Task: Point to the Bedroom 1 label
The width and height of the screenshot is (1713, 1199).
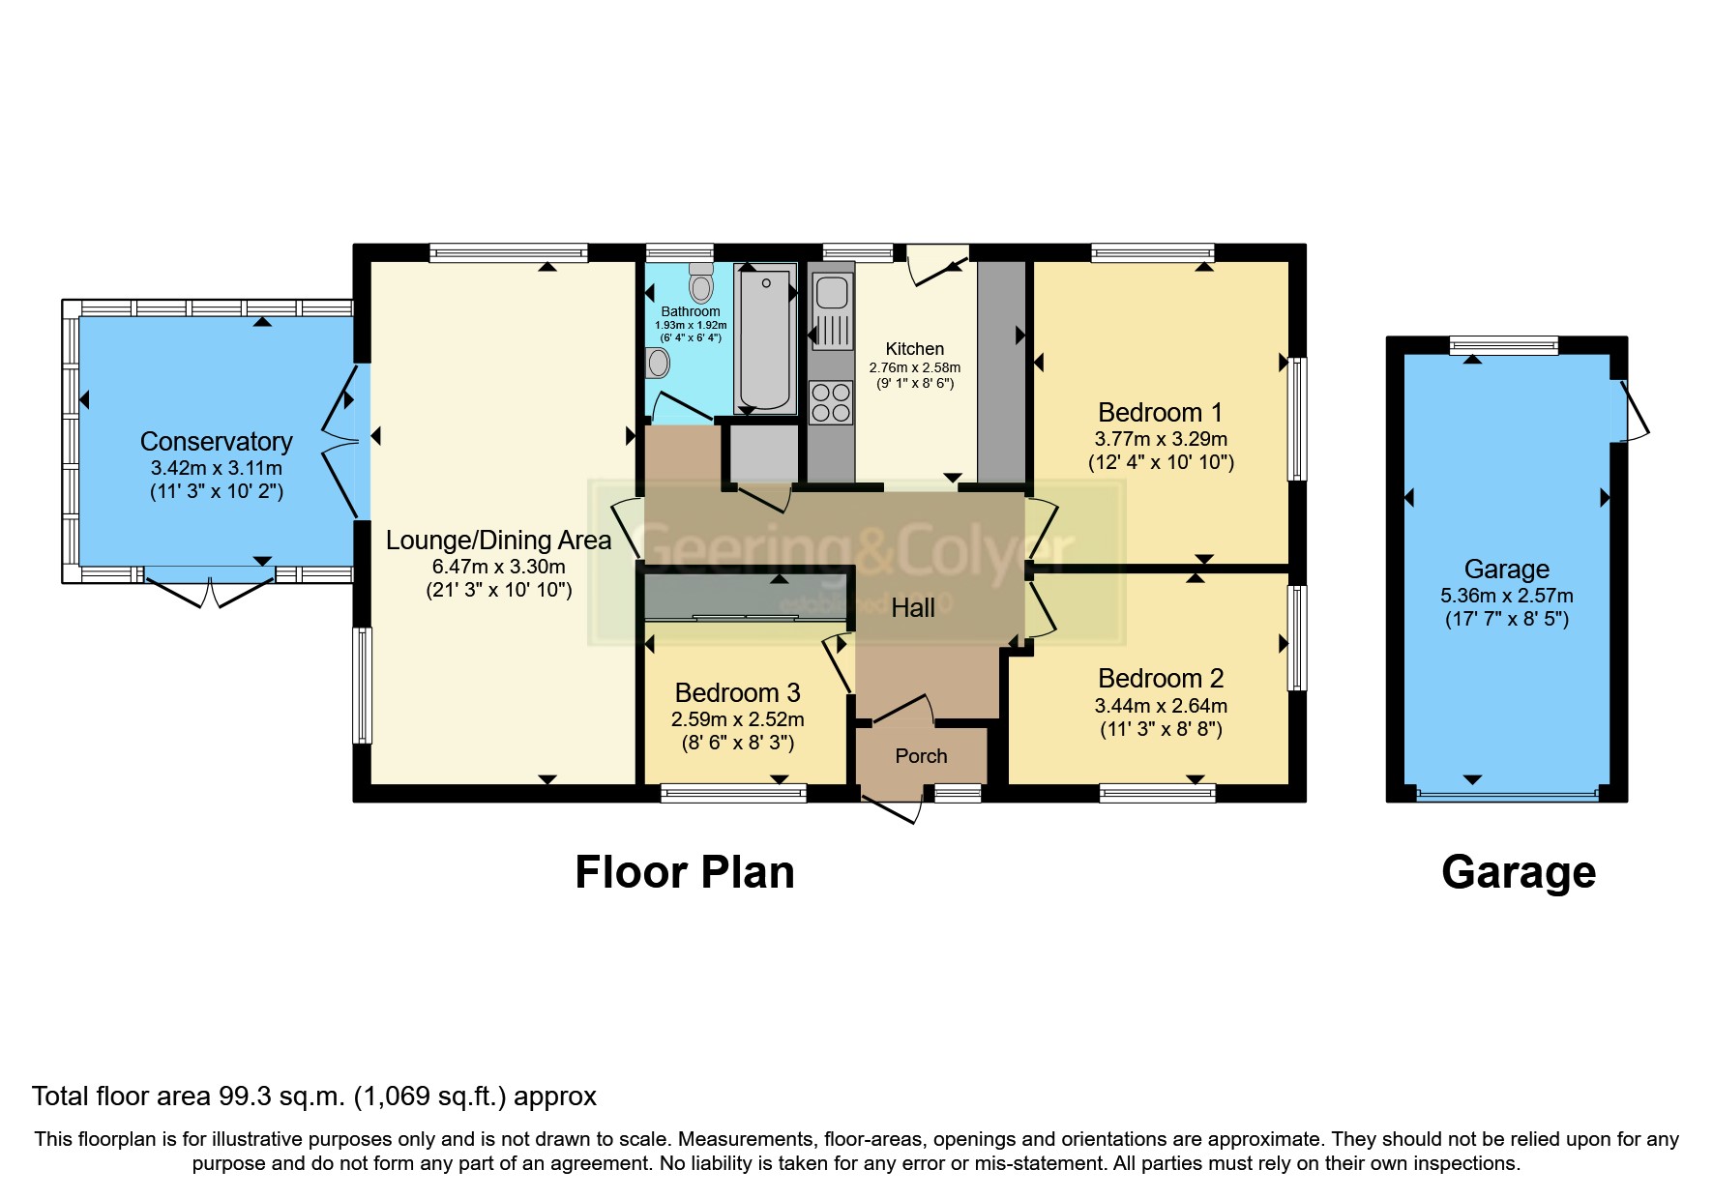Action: pyautogui.click(x=1160, y=413)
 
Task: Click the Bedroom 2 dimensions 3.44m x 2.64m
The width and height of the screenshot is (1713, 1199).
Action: pyautogui.click(x=1160, y=706)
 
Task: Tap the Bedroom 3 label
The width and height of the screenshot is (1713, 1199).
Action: pyautogui.click(x=737, y=693)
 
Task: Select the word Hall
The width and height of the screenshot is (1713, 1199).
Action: pyautogui.click(x=912, y=608)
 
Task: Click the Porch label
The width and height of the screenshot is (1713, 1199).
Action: pyautogui.click(x=921, y=756)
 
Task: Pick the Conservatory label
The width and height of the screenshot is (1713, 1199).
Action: pyautogui.click(x=216, y=442)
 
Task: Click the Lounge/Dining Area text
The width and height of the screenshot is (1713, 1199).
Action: pyautogui.click(x=498, y=541)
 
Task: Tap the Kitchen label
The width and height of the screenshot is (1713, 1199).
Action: pyautogui.click(x=914, y=349)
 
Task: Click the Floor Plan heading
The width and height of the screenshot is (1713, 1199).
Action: pyautogui.click(x=684, y=872)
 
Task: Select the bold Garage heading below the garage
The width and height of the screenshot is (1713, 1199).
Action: pyautogui.click(x=1518, y=872)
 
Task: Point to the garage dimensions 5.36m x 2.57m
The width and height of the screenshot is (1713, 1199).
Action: pyautogui.click(x=1506, y=596)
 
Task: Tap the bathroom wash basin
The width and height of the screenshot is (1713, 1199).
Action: pyautogui.click(x=659, y=363)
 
